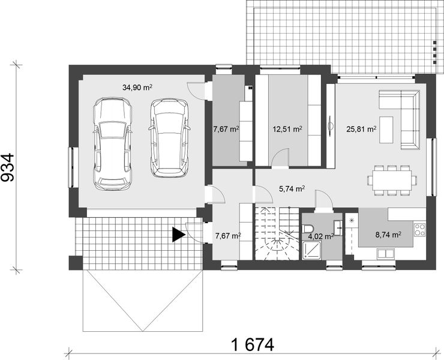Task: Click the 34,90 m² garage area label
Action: (137, 87)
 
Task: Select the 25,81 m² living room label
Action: (361, 128)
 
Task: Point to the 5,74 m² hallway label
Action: (292, 188)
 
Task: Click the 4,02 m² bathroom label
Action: (319, 236)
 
